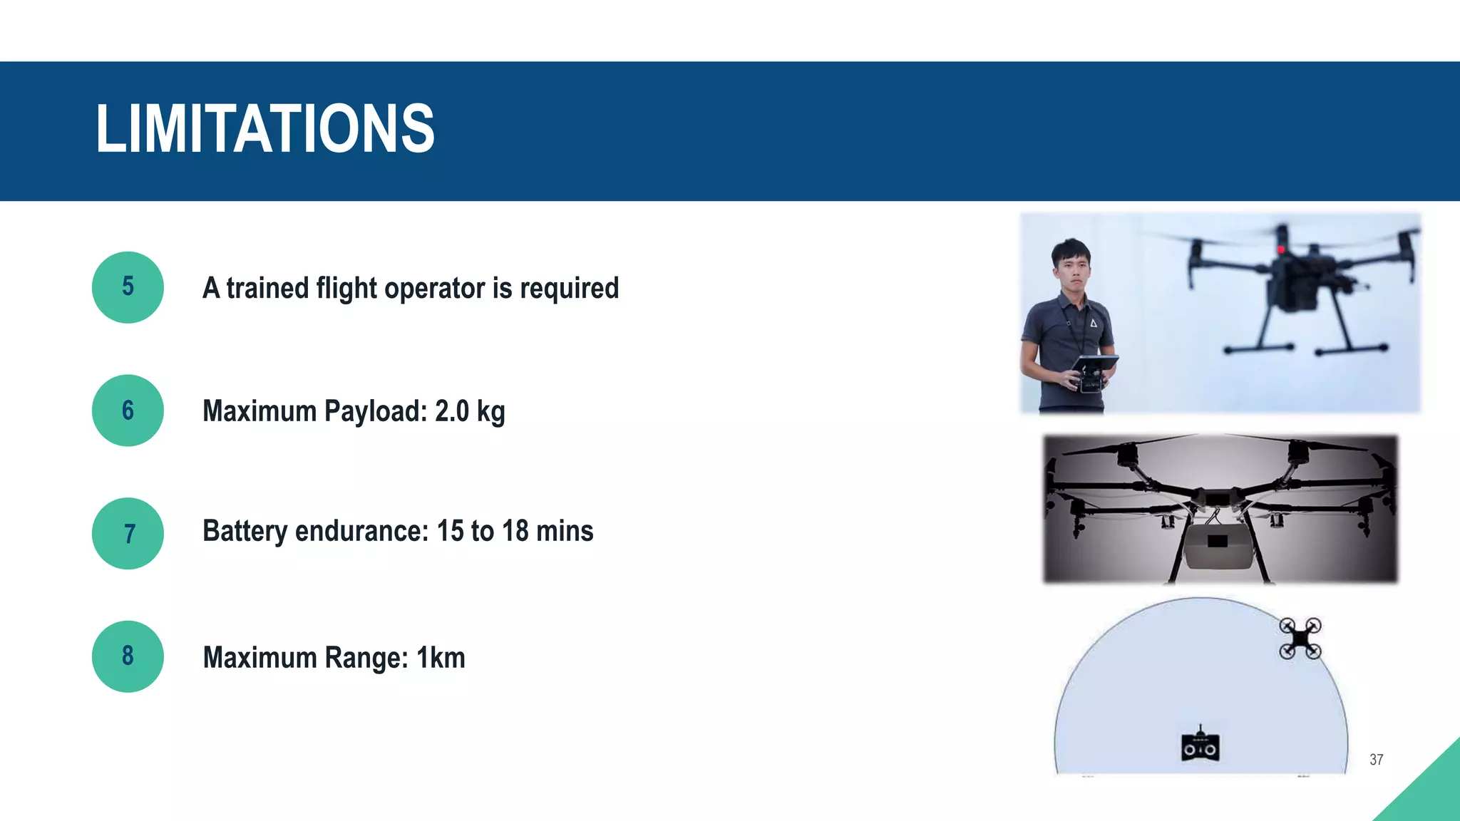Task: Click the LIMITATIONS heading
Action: tap(264, 129)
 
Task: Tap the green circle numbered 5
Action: tap(128, 287)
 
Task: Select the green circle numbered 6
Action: tap(128, 410)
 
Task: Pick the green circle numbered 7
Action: tap(128, 533)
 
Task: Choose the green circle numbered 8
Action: tap(128, 656)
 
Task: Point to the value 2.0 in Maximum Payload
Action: tap(452, 411)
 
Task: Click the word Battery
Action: tap(245, 532)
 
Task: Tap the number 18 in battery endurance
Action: tap(515, 531)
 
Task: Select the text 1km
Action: tap(441, 657)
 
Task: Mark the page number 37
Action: tap(1376, 760)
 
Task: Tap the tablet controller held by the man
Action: tap(1094, 371)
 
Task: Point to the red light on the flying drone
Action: tap(1280, 249)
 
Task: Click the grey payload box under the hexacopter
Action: tap(1218, 546)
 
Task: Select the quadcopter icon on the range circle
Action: tap(1300, 639)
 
